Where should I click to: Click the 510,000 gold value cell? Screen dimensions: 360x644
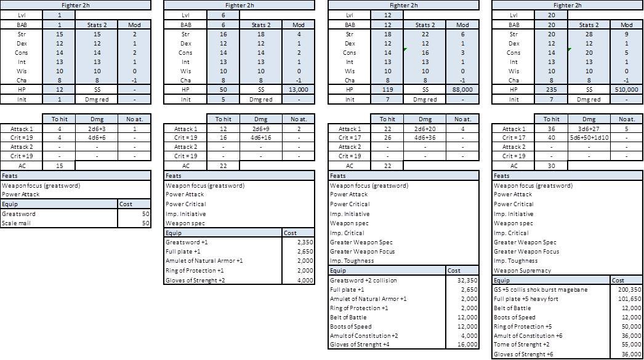point(626,90)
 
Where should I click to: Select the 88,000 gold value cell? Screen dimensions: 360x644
point(462,90)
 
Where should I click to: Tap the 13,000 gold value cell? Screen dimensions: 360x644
point(298,90)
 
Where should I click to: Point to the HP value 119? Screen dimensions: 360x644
point(387,90)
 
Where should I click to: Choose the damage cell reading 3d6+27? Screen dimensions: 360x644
point(589,129)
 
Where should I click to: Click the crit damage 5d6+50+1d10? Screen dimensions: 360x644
point(589,138)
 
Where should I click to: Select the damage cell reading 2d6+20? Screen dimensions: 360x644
point(425,129)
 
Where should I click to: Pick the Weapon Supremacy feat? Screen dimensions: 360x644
point(522,271)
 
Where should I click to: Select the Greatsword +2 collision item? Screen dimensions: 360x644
point(363,281)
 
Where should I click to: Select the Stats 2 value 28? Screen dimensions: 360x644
point(589,34)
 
